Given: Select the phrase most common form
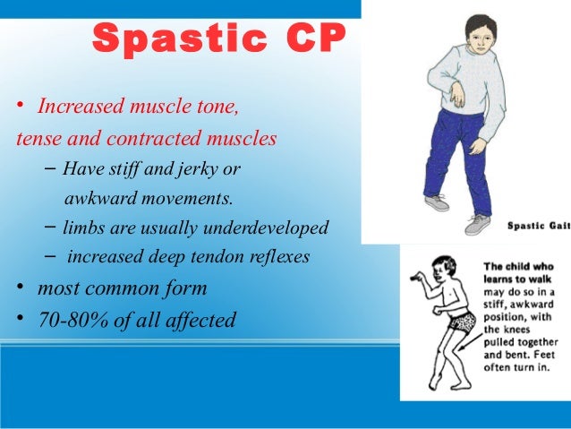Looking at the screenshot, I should click(x=122, y=288).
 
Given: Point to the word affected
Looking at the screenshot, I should click(x=200, y=319).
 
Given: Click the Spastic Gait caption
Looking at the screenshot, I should click(x=537, y=225).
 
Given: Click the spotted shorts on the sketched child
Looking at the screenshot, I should click(x=463, y=323).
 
